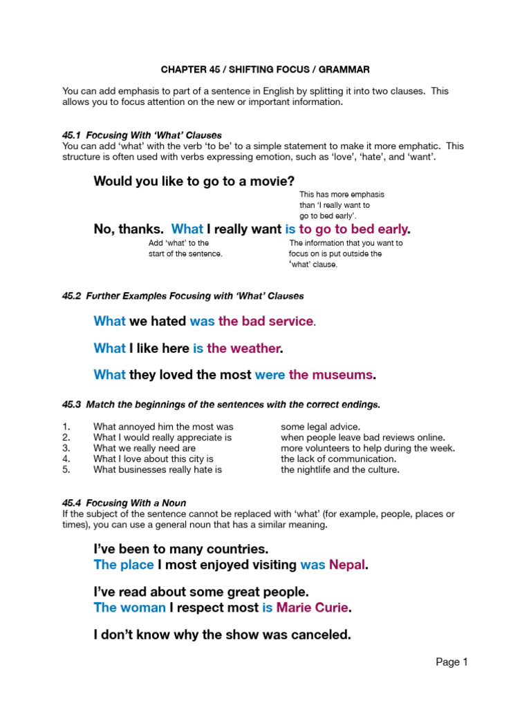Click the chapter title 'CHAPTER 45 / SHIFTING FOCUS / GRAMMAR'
[x=265, y=70]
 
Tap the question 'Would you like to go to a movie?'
[x=194, y=182]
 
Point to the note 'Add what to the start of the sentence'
[x=185, y=249]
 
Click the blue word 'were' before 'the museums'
[x=270, y=375]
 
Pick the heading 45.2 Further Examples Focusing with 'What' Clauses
[x=183, y=296]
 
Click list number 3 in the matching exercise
[x=66, y=448]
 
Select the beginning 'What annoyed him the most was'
[x=163, y=427]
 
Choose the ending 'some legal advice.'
[x=320, y=427]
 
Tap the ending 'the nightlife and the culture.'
[x=340, y=469]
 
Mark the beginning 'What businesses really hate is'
[x=158, y=469]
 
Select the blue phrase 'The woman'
[x=129, y=608]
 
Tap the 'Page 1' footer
[x=451, y=662]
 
